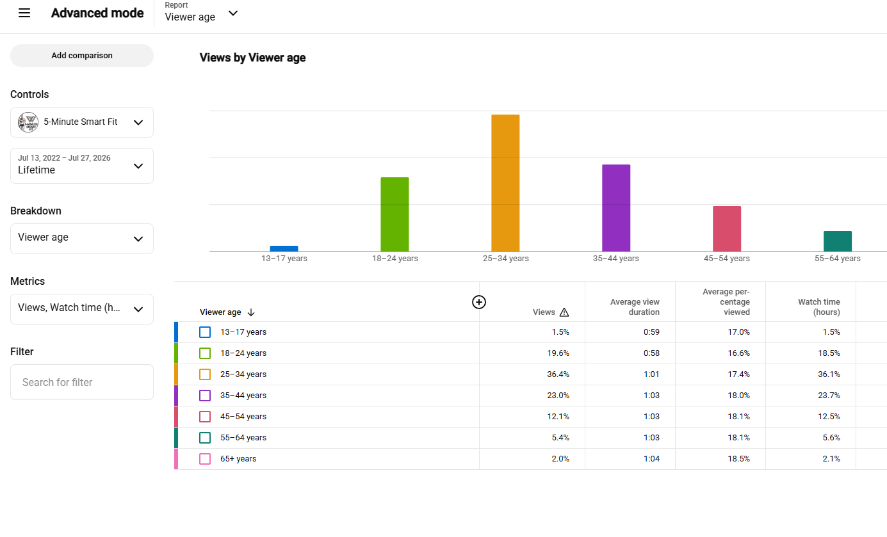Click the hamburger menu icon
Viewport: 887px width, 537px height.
24,13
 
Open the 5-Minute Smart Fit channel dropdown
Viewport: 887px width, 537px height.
81,122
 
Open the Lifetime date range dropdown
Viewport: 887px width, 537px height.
81,165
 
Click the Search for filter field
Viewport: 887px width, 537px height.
81,382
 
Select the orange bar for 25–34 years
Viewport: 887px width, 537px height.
505,183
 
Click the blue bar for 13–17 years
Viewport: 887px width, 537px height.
284,248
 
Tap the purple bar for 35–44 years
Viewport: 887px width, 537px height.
616,208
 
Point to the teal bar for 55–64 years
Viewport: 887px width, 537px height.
838,241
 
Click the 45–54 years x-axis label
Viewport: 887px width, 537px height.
727,259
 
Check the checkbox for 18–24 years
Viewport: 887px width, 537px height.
205,353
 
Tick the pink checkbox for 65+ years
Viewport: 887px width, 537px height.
205,459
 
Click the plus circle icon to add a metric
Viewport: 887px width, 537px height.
479,302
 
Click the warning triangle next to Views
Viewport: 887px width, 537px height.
564,312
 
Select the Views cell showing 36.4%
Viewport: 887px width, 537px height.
558,374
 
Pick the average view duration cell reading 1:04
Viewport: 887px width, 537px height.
651,459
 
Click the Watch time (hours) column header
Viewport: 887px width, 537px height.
819,307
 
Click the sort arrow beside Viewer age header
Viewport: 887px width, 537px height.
250,312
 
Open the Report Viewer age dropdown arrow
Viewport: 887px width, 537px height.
233,13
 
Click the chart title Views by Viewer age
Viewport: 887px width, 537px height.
252,58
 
